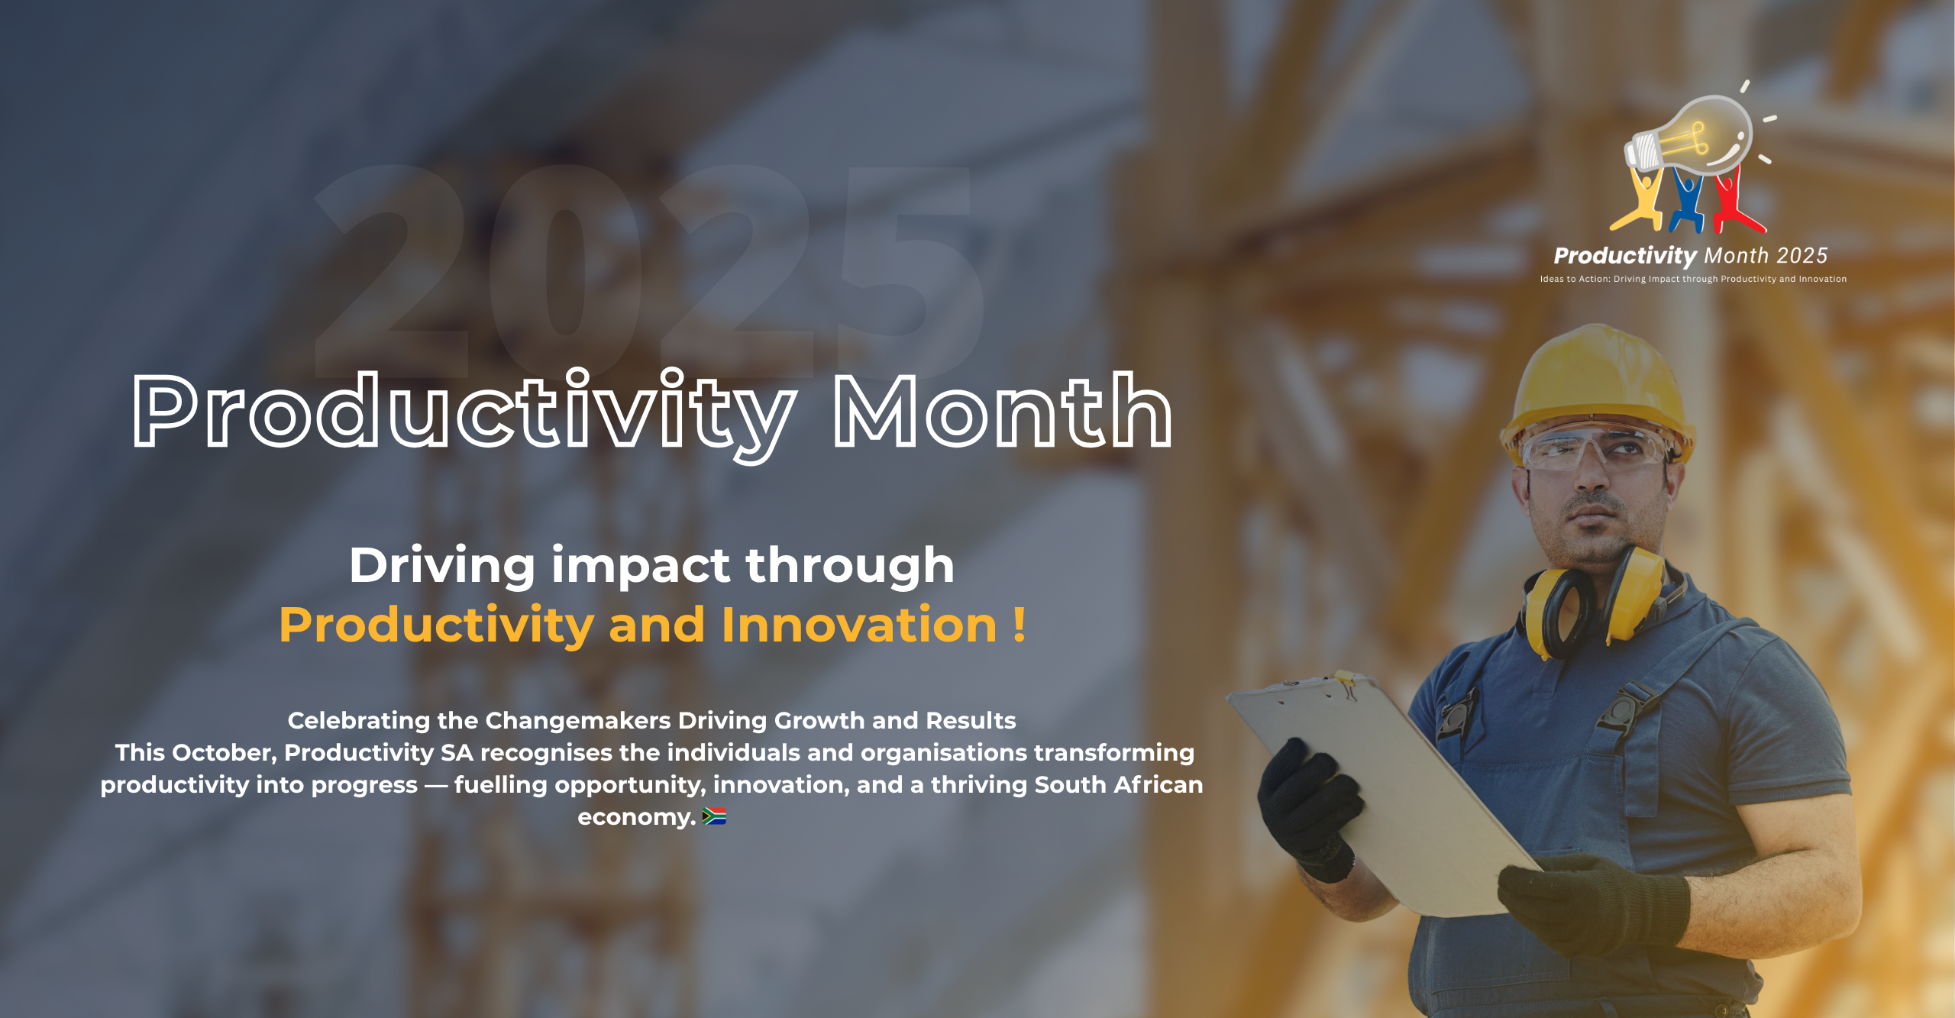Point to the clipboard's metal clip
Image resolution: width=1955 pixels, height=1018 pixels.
point(1343,684)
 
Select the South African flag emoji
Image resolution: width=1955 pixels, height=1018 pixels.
point(714,817)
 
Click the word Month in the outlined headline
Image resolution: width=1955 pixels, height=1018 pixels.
point(1003,411)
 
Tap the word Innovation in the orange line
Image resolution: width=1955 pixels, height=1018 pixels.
point(859,625)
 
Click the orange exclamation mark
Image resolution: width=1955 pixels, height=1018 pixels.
point(1020,625)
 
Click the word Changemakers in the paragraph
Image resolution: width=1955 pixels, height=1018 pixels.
point(578,720)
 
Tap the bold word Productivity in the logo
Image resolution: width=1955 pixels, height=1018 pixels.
point(1625,256)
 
